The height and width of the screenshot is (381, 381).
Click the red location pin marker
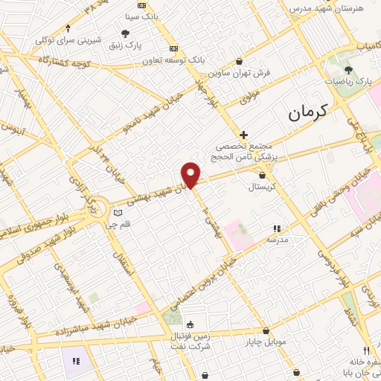[x=191, y=174]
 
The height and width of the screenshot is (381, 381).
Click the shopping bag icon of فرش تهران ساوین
[x=239, y=62]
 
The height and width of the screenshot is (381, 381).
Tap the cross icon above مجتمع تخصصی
[x=243, y=135]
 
